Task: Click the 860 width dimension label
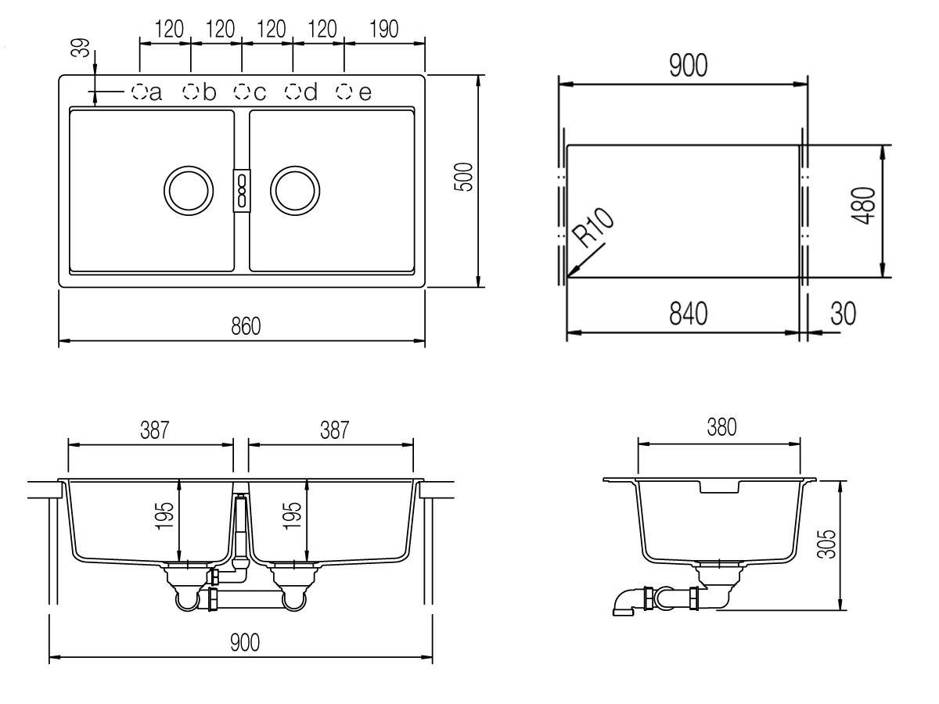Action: tap(246, 326)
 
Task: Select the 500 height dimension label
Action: tap(463, 177)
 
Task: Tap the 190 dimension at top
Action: tap(383, 29)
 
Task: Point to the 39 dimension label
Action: tap(81, 48)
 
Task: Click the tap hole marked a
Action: tap(139, 92)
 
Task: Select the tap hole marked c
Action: tap(242, 92)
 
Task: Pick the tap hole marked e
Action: tap(344, 92)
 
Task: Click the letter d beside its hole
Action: tap(311, 92)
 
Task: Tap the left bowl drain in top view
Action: tap(189, 190)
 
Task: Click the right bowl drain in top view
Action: tap(295, 190)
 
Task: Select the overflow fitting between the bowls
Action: tap(242, 190)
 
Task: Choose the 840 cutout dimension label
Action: tap(689, 314)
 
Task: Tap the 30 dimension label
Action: tap(844, 314)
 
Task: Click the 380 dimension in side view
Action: tap(721, 426)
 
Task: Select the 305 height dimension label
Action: tap(826, 544)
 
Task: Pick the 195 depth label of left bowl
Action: tap(164, 515)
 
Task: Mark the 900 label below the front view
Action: tap(245, 642)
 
